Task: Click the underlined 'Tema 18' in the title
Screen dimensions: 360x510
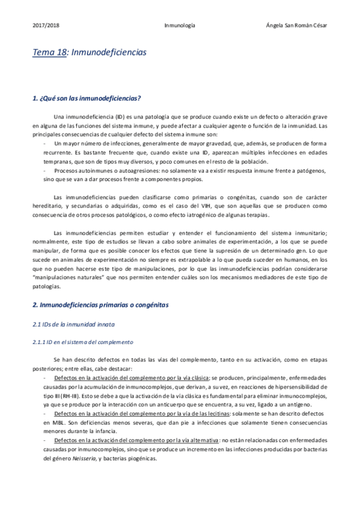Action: click(x=49, y=53)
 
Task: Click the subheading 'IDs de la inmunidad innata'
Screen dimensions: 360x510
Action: click(x=73, y=325)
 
